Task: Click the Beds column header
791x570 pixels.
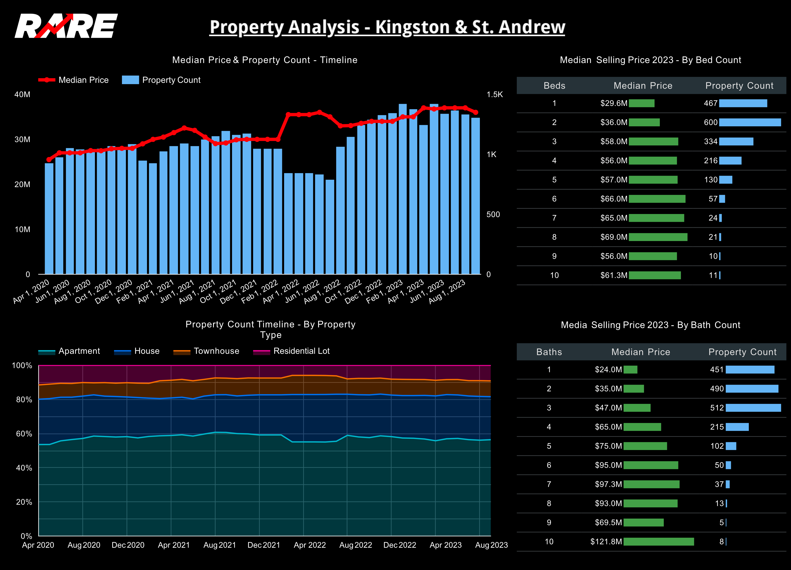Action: point(554,86)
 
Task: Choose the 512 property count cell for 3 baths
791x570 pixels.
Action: point(717,408)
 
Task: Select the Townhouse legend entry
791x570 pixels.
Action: point(216,351)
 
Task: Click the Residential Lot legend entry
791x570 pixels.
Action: point(301,351)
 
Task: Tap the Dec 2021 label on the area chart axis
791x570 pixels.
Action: point(264,545)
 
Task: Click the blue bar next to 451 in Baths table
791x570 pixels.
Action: point(750,369)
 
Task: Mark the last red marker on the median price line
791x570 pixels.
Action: point(475,112)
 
